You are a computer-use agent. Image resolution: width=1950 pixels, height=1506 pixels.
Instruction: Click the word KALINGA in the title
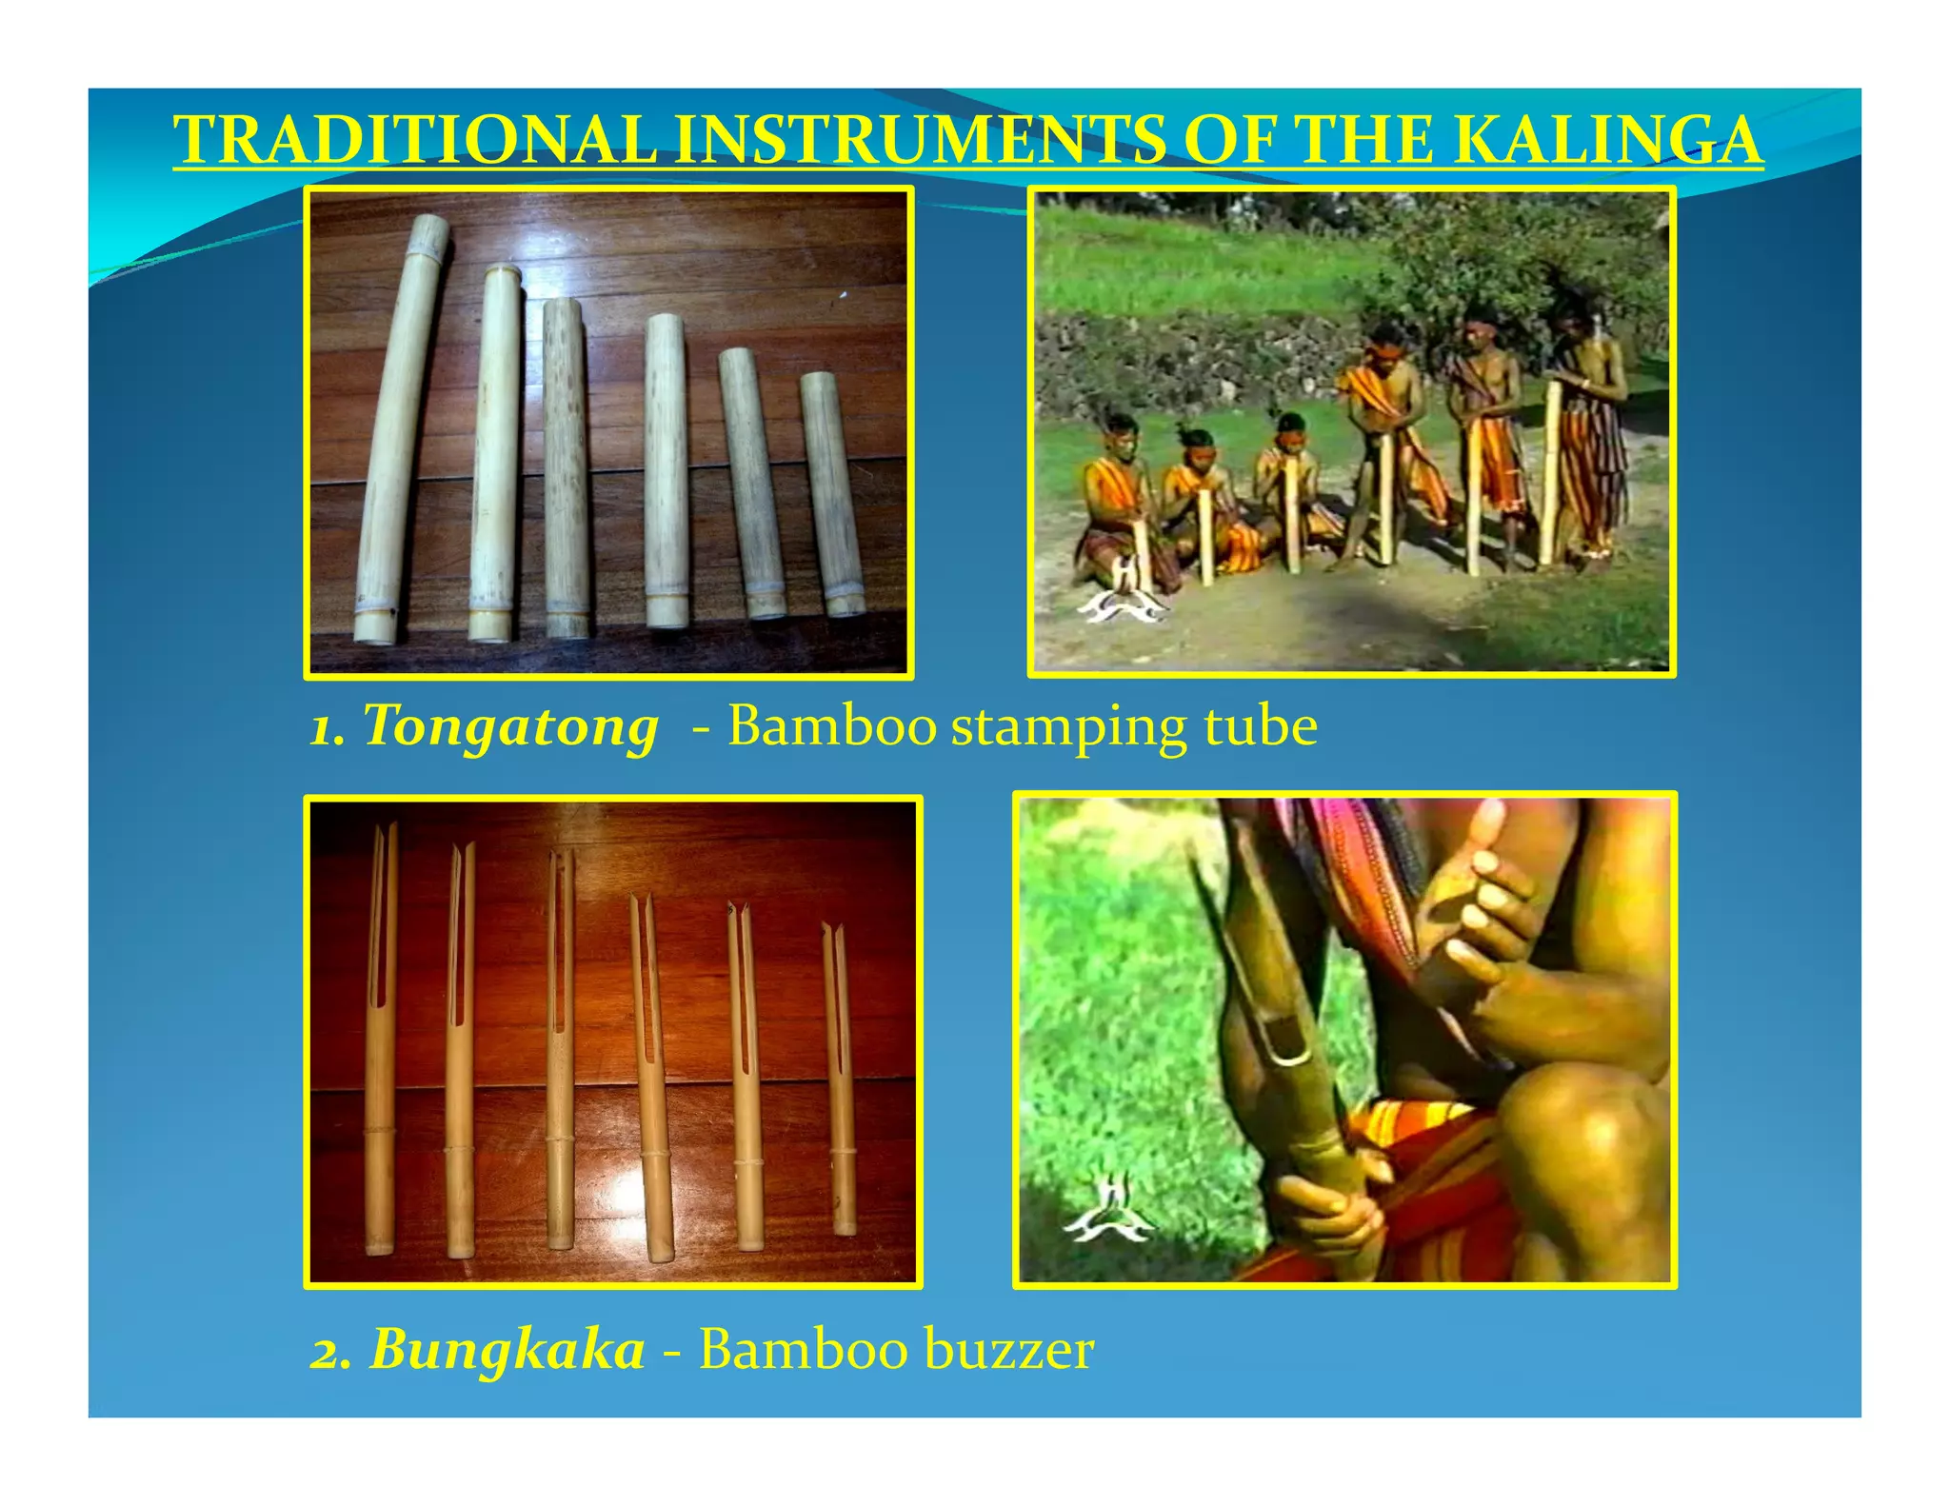pos(1608,140)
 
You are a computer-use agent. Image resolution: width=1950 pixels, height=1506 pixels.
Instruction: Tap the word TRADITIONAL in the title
pos(415,140)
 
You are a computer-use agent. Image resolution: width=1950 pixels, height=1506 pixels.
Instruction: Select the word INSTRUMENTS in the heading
pos(920,140)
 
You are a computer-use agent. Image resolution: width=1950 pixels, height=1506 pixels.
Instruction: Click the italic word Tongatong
pos(510,727)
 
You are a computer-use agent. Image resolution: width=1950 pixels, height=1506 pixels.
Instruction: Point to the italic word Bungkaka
pos(507,1350)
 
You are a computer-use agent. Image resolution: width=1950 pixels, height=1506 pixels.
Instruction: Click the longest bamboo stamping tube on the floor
pos(400,428)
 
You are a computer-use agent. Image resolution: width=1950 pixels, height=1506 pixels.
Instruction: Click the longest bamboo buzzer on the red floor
pos(381,1038)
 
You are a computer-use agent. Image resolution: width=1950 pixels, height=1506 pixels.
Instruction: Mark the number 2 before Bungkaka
pos(330,1352)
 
